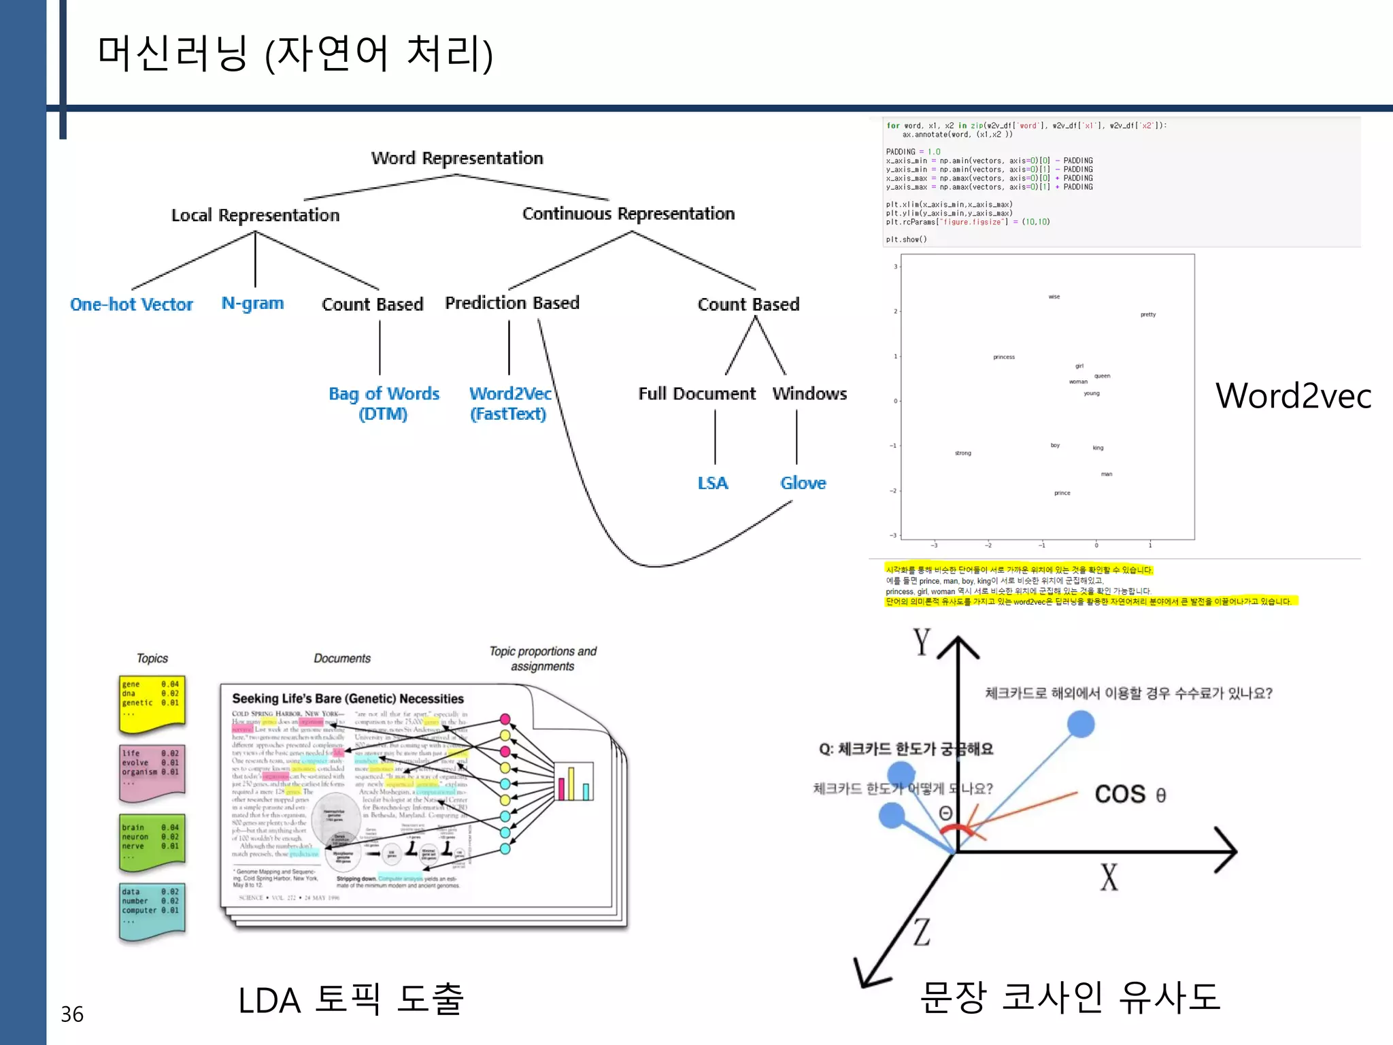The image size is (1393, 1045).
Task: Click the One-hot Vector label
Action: tap(131, 304)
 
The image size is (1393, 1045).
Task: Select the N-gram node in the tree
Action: tap(252, 303)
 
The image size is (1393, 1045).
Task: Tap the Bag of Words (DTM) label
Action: tap(384, 403)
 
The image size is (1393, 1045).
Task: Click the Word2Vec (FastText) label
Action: tap(509, 403)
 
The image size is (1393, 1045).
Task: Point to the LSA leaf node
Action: tap(712, 483)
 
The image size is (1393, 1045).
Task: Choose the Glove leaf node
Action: tap(803, 483)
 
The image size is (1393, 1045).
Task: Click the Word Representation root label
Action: tap(457, 159)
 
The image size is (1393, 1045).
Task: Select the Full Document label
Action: tap(696, 394)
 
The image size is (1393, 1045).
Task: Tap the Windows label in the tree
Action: tap(809, 394)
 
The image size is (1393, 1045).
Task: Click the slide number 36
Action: tap(72, 1014)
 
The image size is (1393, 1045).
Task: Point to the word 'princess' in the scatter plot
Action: tap(1003, 357)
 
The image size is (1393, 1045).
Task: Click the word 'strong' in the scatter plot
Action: tap(962, 453)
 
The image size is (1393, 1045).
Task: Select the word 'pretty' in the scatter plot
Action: tap(1147, 314)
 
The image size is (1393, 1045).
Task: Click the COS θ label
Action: tap(1130, 794)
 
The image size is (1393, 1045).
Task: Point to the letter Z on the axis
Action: tap(922, 933)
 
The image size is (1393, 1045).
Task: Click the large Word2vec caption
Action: tap(1293, 396)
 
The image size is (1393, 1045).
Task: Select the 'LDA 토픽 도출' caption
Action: tap(350, 1000)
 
